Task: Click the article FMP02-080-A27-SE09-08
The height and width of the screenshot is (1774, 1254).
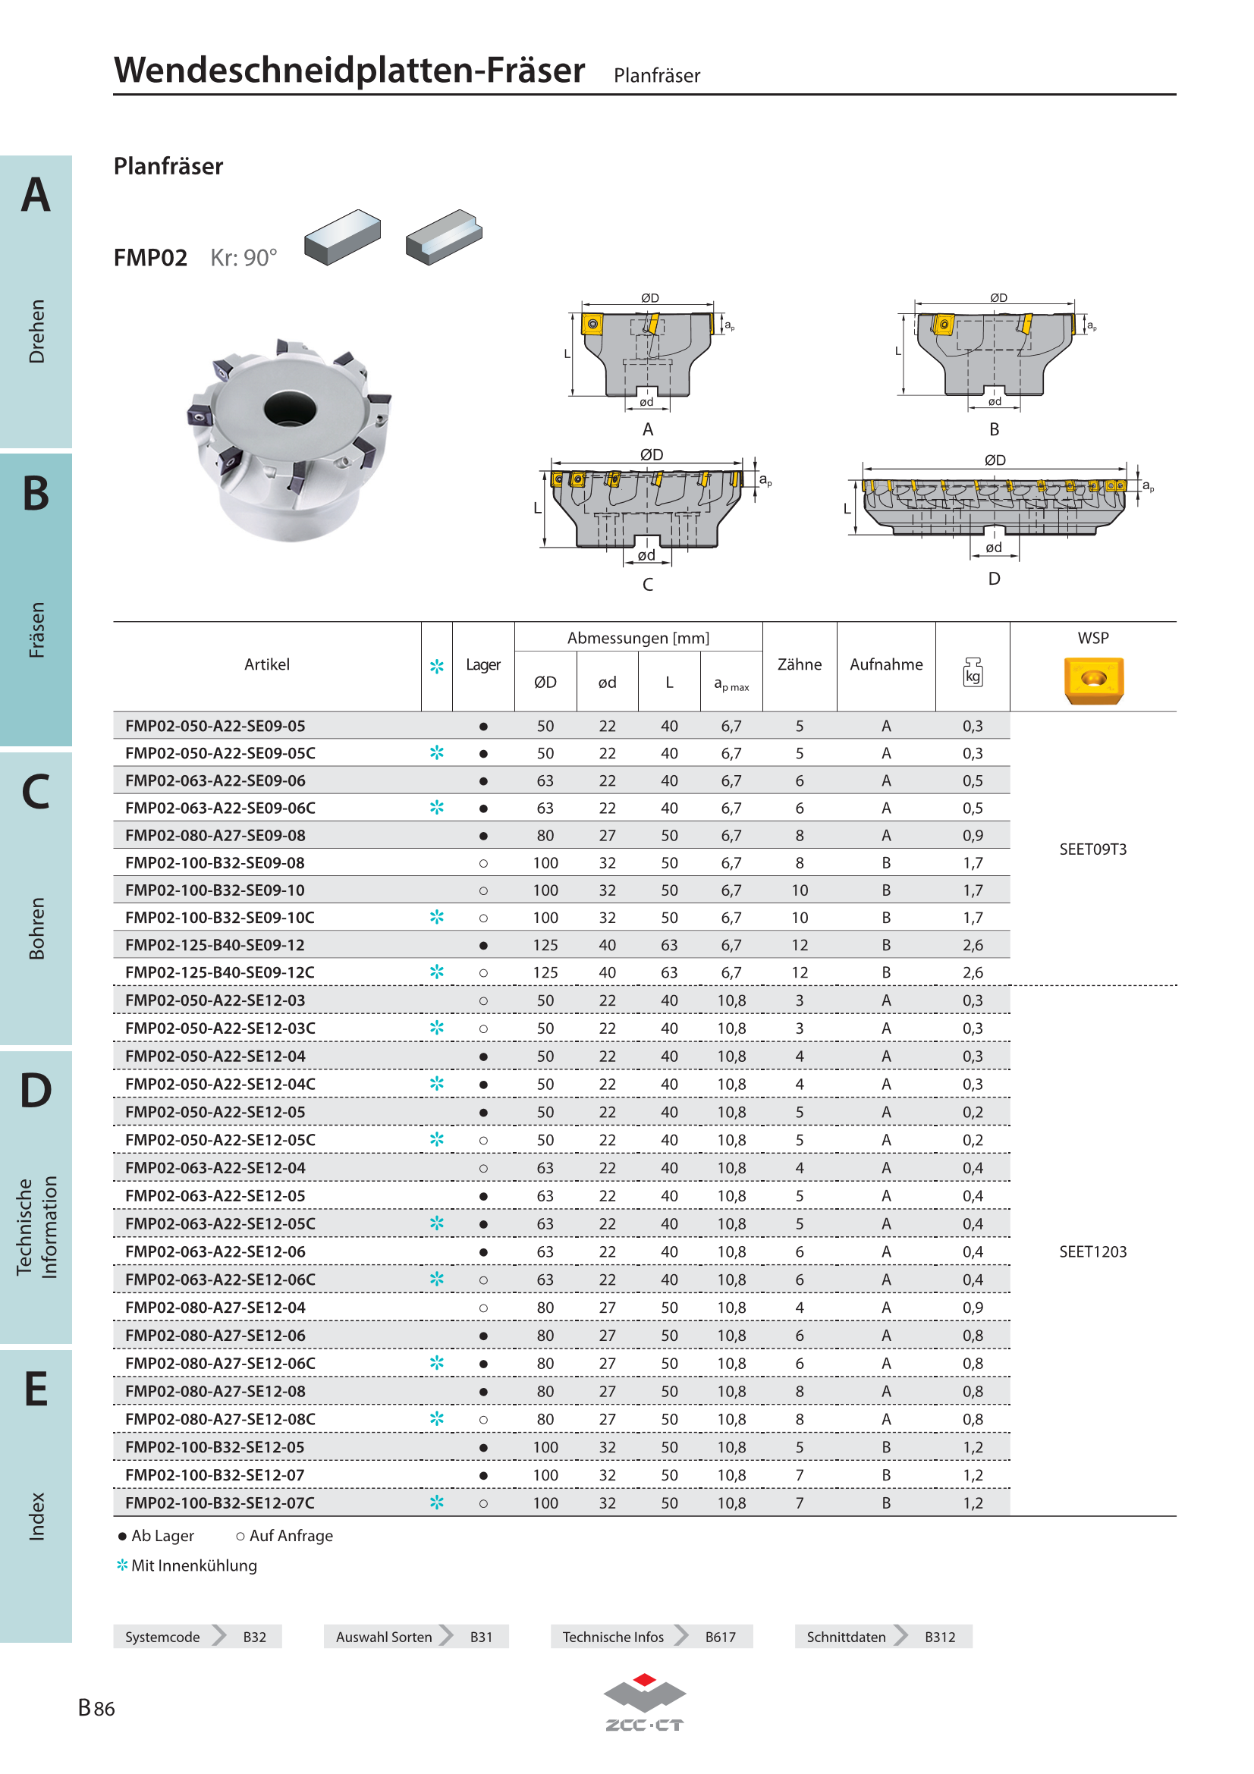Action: tap(215, 835)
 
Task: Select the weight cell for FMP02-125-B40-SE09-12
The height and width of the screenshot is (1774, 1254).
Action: tap(972, 945)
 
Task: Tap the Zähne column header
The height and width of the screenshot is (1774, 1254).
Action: tap(799, 664)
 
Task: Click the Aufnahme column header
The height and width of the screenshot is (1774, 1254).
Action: tap(885, 664)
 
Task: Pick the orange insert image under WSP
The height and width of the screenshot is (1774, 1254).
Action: tap(1092, 680)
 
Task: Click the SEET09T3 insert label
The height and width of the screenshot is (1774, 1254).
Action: tap(1092, 849)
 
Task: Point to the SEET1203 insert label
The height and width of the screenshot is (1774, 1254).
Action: tap(1092, 1251)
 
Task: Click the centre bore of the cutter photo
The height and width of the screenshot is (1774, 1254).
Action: tap(290, 409)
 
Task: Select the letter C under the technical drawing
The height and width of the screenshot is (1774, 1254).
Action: tap(647, 584)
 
